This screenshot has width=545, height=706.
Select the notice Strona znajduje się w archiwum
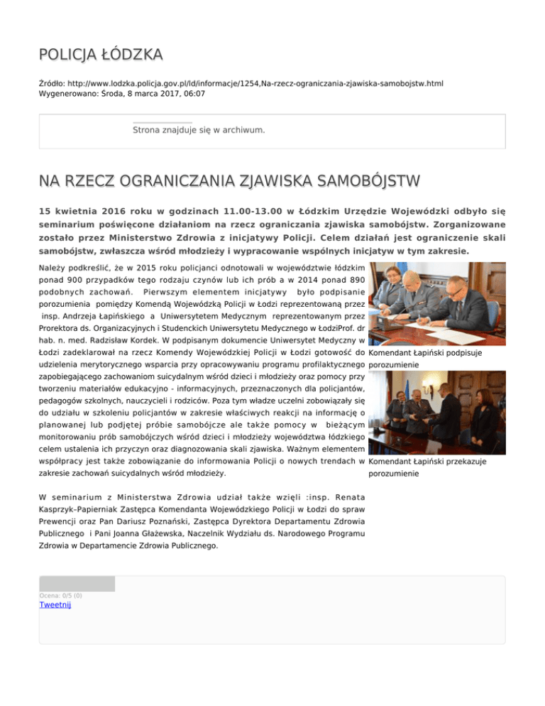(199, 131)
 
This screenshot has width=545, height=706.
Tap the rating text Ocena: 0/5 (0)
(60, 595)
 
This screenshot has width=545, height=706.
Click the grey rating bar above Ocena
(77, 584)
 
